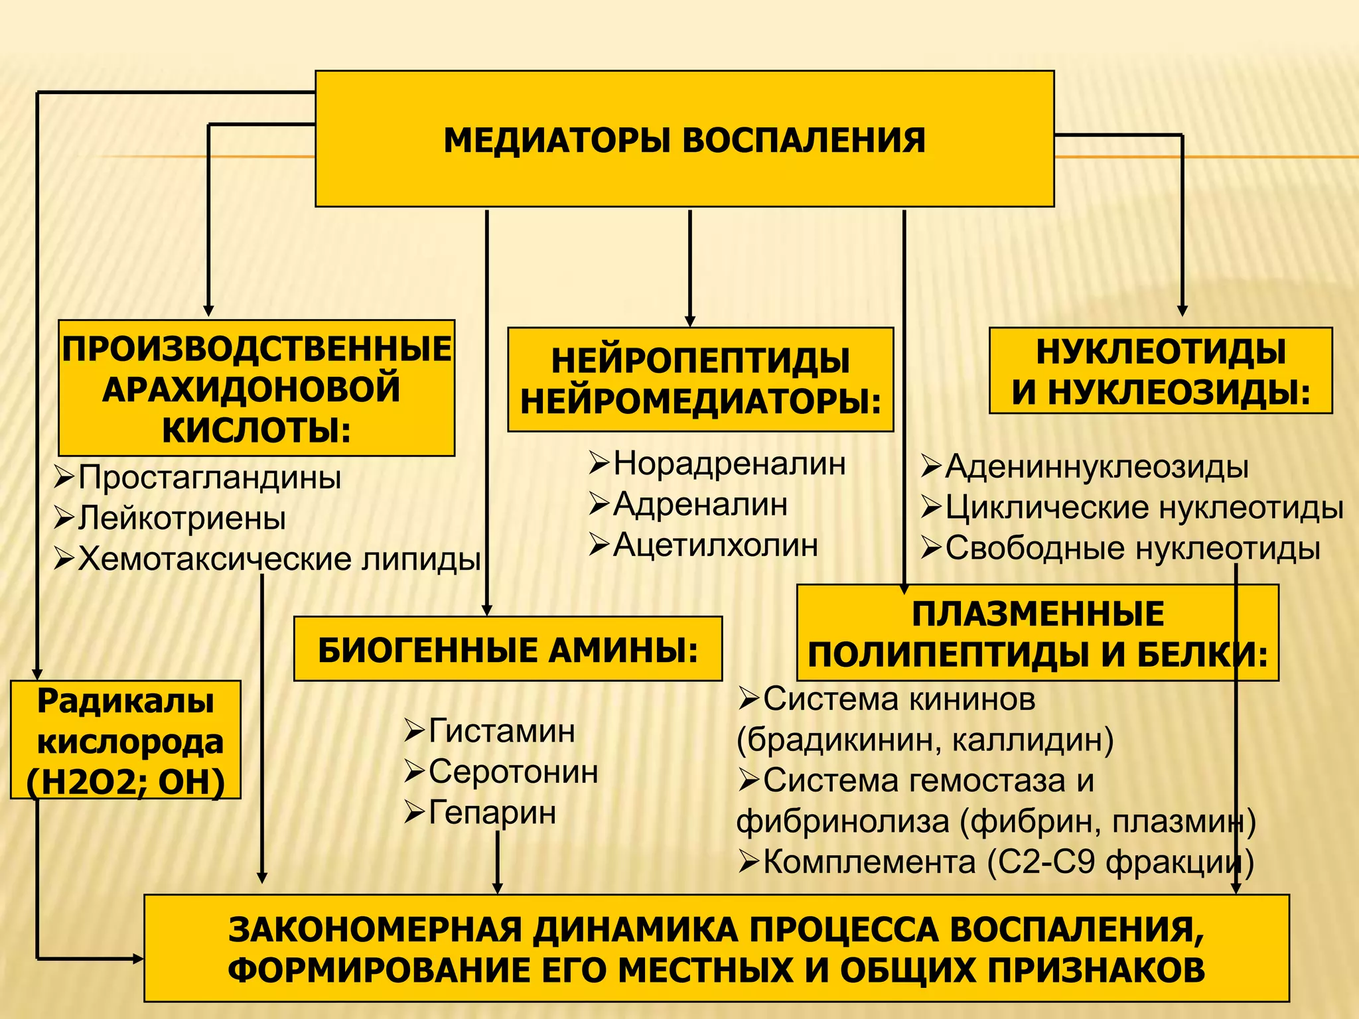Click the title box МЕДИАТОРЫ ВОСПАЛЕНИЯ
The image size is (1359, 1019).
[x=684, y=139]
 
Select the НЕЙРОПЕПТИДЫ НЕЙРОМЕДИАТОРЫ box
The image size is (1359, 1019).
[x=700, y=380]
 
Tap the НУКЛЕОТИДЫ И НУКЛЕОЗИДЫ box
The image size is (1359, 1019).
[x=1161, y=371]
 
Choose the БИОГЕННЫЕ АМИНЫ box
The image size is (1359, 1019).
[x=508, y=649]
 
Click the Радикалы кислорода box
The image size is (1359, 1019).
[x=125, y=740]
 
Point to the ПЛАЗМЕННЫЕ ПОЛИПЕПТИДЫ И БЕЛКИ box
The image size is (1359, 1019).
[x=1037, y=634]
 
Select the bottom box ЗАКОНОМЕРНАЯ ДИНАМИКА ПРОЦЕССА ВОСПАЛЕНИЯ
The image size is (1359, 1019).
[x=716, y=949]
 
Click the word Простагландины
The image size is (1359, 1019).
[x=210, y=477]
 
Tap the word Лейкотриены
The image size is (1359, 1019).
[x=182, y=518]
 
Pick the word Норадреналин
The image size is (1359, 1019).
[x=729, y=463]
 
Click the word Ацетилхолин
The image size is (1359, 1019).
[x=715, y=545]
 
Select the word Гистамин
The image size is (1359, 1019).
[x=502, y=731]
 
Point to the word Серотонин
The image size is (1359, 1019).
[x=513, y=772]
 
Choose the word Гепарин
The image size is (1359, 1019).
[x=492, y=813]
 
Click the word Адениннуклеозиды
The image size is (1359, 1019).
[x=1097, y=466]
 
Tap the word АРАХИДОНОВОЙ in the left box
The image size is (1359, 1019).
[x=251, y=389]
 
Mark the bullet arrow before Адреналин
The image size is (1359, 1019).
[x=599, y=504]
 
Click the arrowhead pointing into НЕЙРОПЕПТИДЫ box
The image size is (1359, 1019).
[x=690, y=321]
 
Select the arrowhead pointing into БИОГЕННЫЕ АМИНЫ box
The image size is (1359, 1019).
[x=487, y=610]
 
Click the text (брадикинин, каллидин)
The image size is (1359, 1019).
[x=925, y=740]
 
